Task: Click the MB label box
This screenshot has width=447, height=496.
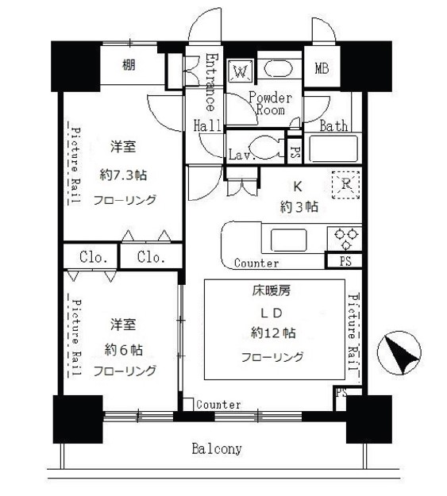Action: pyautogui.click(x=322, y=69)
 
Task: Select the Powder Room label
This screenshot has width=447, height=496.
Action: pyautogui.click(x=270, y=104)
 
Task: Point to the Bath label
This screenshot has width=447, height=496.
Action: pyautogui.click(x=333, y=126)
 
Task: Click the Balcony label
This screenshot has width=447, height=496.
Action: pyautogui.click(x=217, y=449)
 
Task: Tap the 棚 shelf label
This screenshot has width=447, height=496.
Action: pyautogui.click(x=128, y=65)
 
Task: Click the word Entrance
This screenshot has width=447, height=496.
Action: pyautogui.click(x=210, y=83)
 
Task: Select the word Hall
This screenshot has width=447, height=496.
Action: pyautogui.click(x=207, y=125)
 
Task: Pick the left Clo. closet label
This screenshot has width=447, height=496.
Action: pyautogui.click(x=92, y=257)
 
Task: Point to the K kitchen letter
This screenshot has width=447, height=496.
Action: pyautogui.click(x=298, y=187)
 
